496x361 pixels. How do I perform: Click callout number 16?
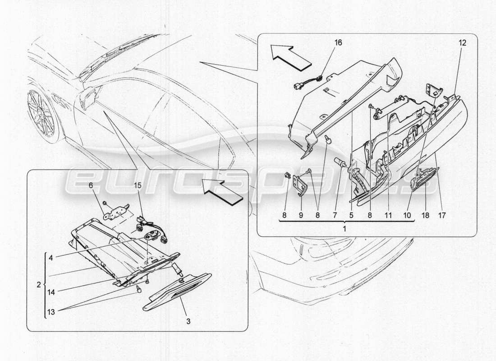click(338, 43)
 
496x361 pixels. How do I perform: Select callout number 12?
click(462, 43)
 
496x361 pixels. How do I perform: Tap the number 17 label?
click(441, 216)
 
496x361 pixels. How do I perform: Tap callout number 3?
click(188, 321)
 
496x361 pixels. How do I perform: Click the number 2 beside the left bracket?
click(39, 285)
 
